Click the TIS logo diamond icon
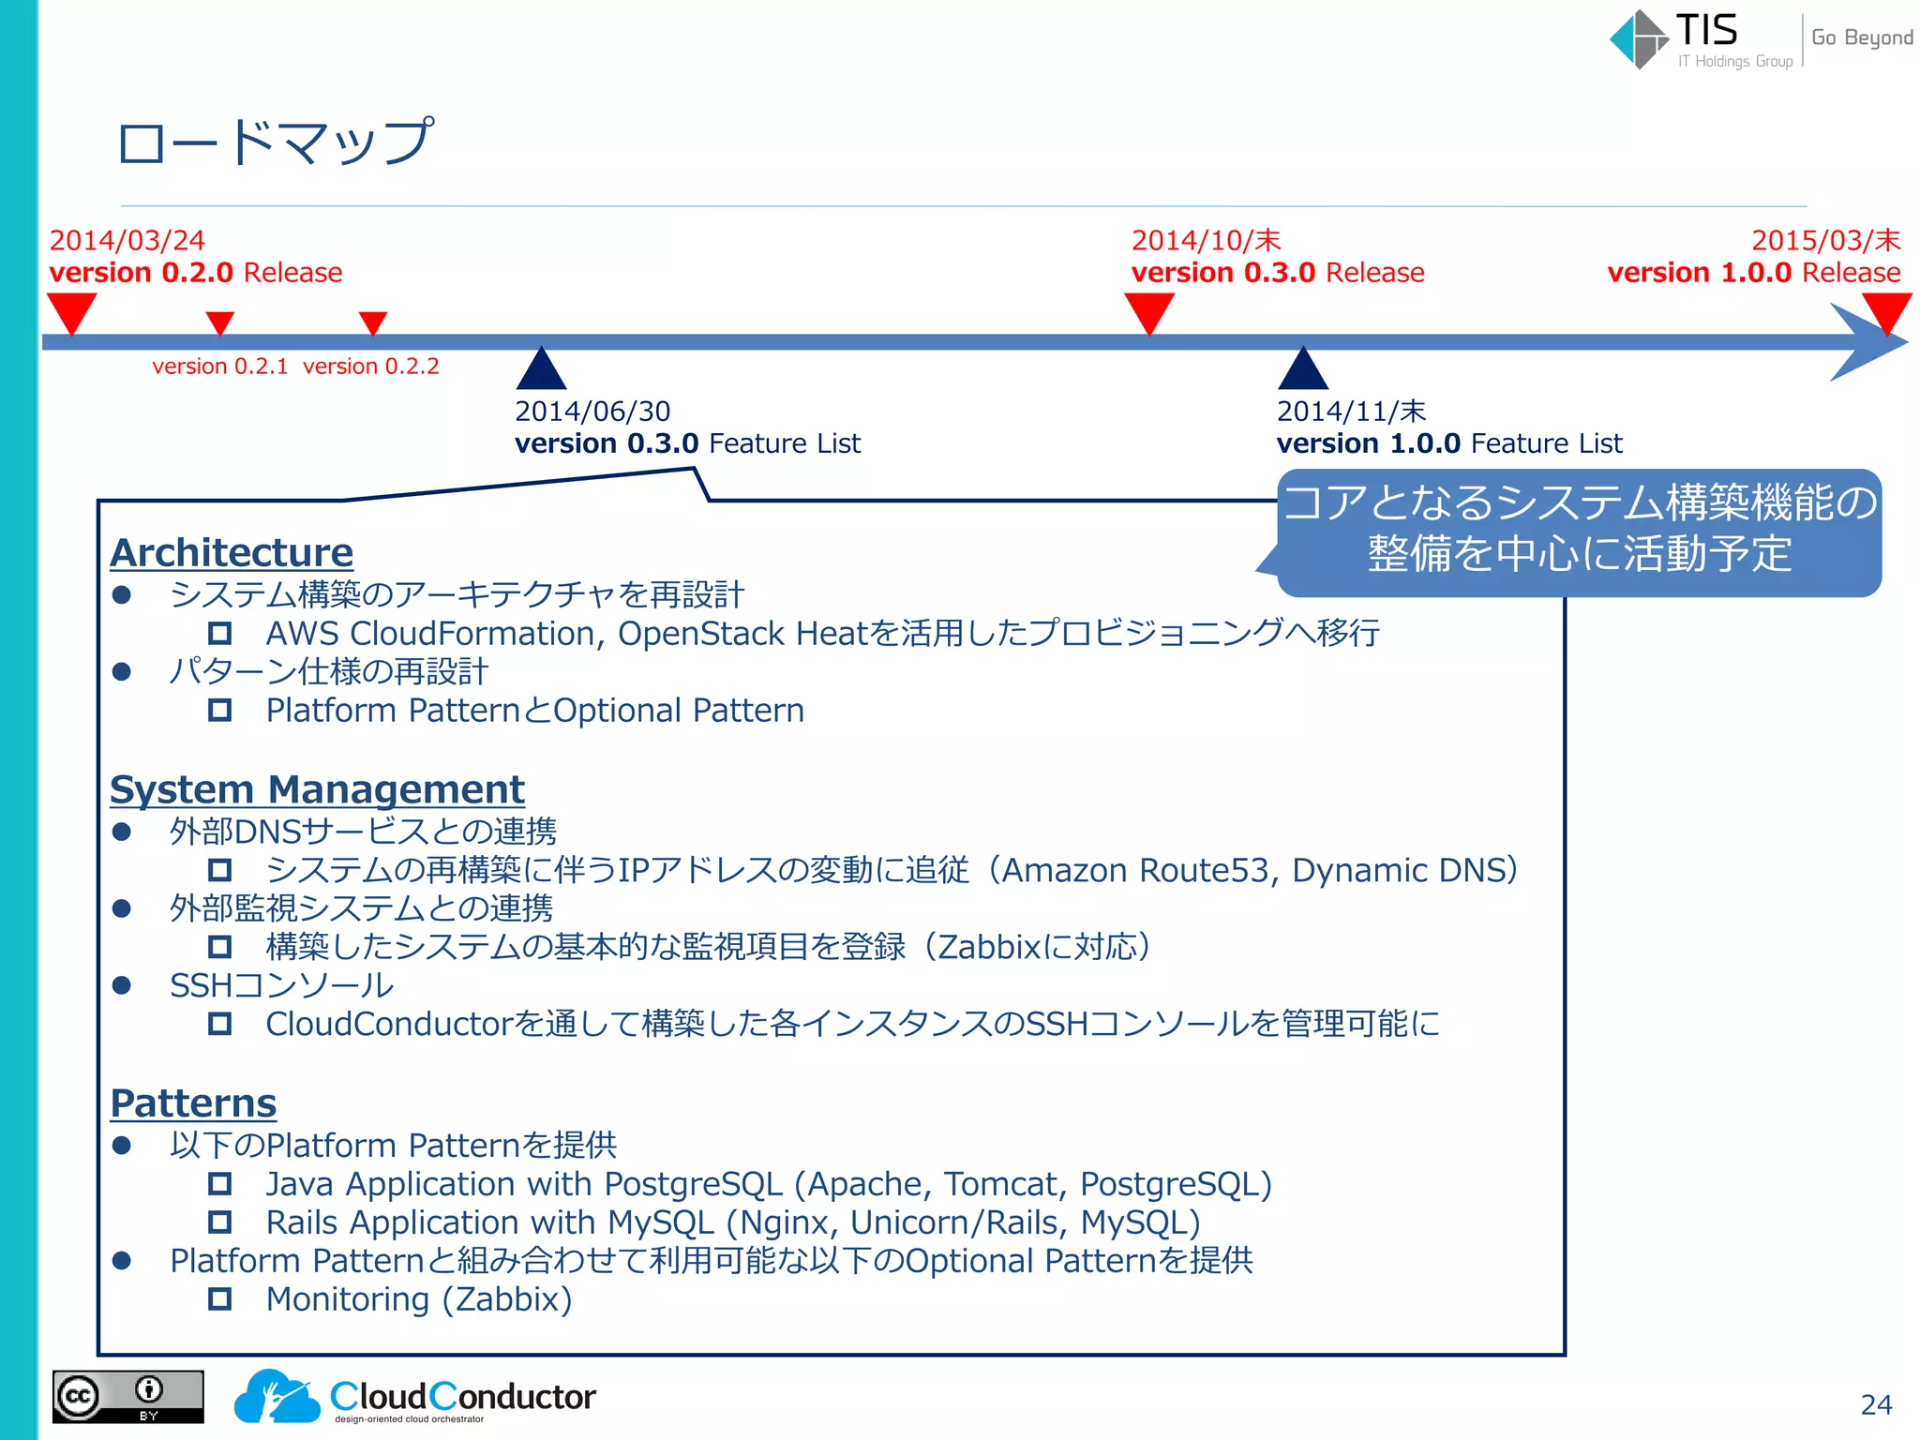[1639, 39]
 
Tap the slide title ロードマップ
[275, 142]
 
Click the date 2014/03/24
[127, 241]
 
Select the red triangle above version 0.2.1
[219, 322]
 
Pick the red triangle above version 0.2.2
[373, 322]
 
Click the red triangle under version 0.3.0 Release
[1148, 311]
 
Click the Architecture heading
[232, 553]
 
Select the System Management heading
[317, 789]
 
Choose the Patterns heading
[193, 1103]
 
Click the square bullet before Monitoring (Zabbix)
[219, 1299]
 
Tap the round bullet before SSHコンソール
[121, 985]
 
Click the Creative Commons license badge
[127, 1397]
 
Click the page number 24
[1876, 1404]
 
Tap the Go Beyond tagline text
[1862, 37]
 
